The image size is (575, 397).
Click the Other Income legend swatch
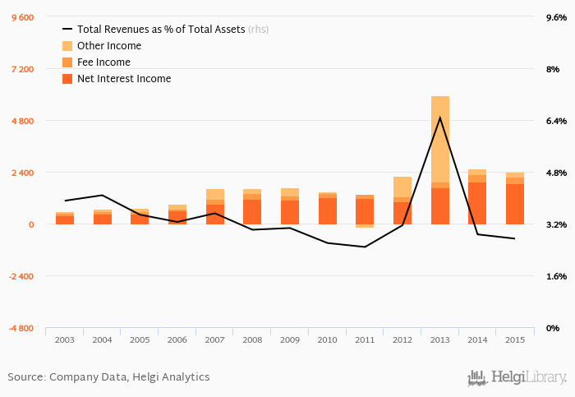[x=68, y=46]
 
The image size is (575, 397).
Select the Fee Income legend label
[x=103, y=62]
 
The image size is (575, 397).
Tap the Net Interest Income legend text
[x=123, y=79]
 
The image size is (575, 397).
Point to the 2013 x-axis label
[x=439, y=339]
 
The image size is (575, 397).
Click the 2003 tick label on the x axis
[x=65, y=339]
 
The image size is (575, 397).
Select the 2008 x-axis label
[x=252, y=339]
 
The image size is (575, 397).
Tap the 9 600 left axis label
[x=22, y=17]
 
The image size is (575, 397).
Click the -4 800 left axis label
[x=21, y=328]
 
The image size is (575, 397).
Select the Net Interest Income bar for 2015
[x=515, y=204]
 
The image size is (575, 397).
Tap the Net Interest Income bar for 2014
[x=477, y=203]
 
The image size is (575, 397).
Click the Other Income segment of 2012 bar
[x=402, y=187]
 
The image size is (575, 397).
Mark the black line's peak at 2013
[x=440, y=117]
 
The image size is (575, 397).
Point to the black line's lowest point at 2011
[x=365, y=247]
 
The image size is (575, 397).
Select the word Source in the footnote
[x=25, y=377]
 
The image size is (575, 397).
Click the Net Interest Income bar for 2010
[x=327, y=211]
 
